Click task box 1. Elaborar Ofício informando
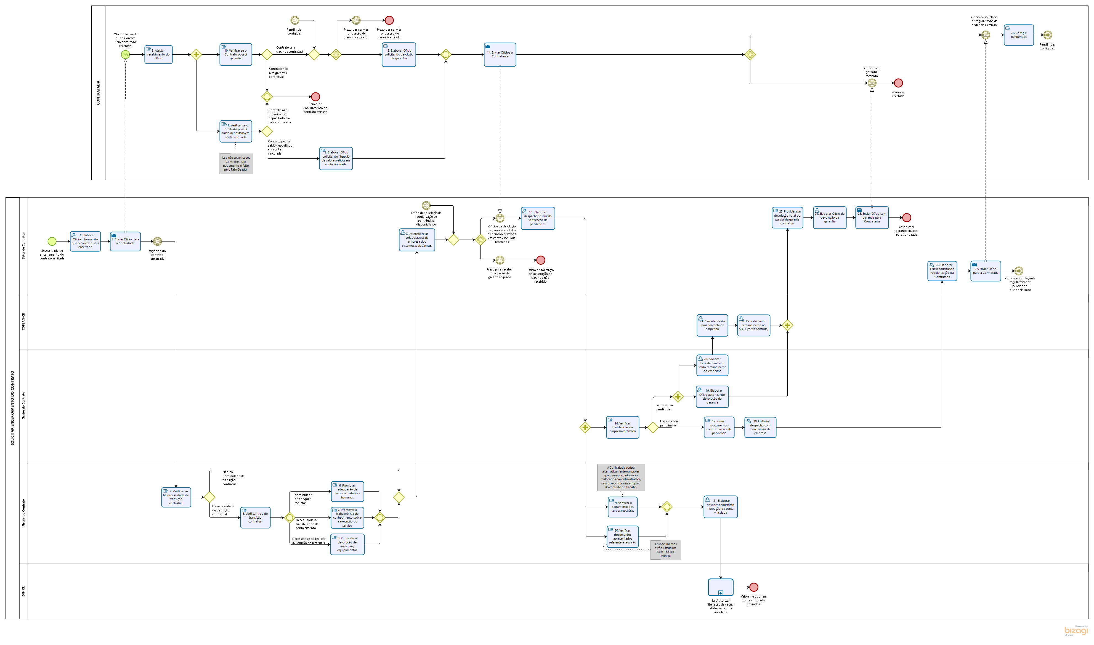click(85, 241)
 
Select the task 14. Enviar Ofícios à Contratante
click(500, 55)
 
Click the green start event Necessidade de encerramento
click(52, 241)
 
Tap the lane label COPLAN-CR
click(23, 322)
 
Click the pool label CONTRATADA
click(98, 92)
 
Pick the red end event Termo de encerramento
click(315, 97)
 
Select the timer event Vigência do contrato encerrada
click(157, 242)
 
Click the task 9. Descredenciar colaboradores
click(416, 240)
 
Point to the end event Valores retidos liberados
click(754, 587)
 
